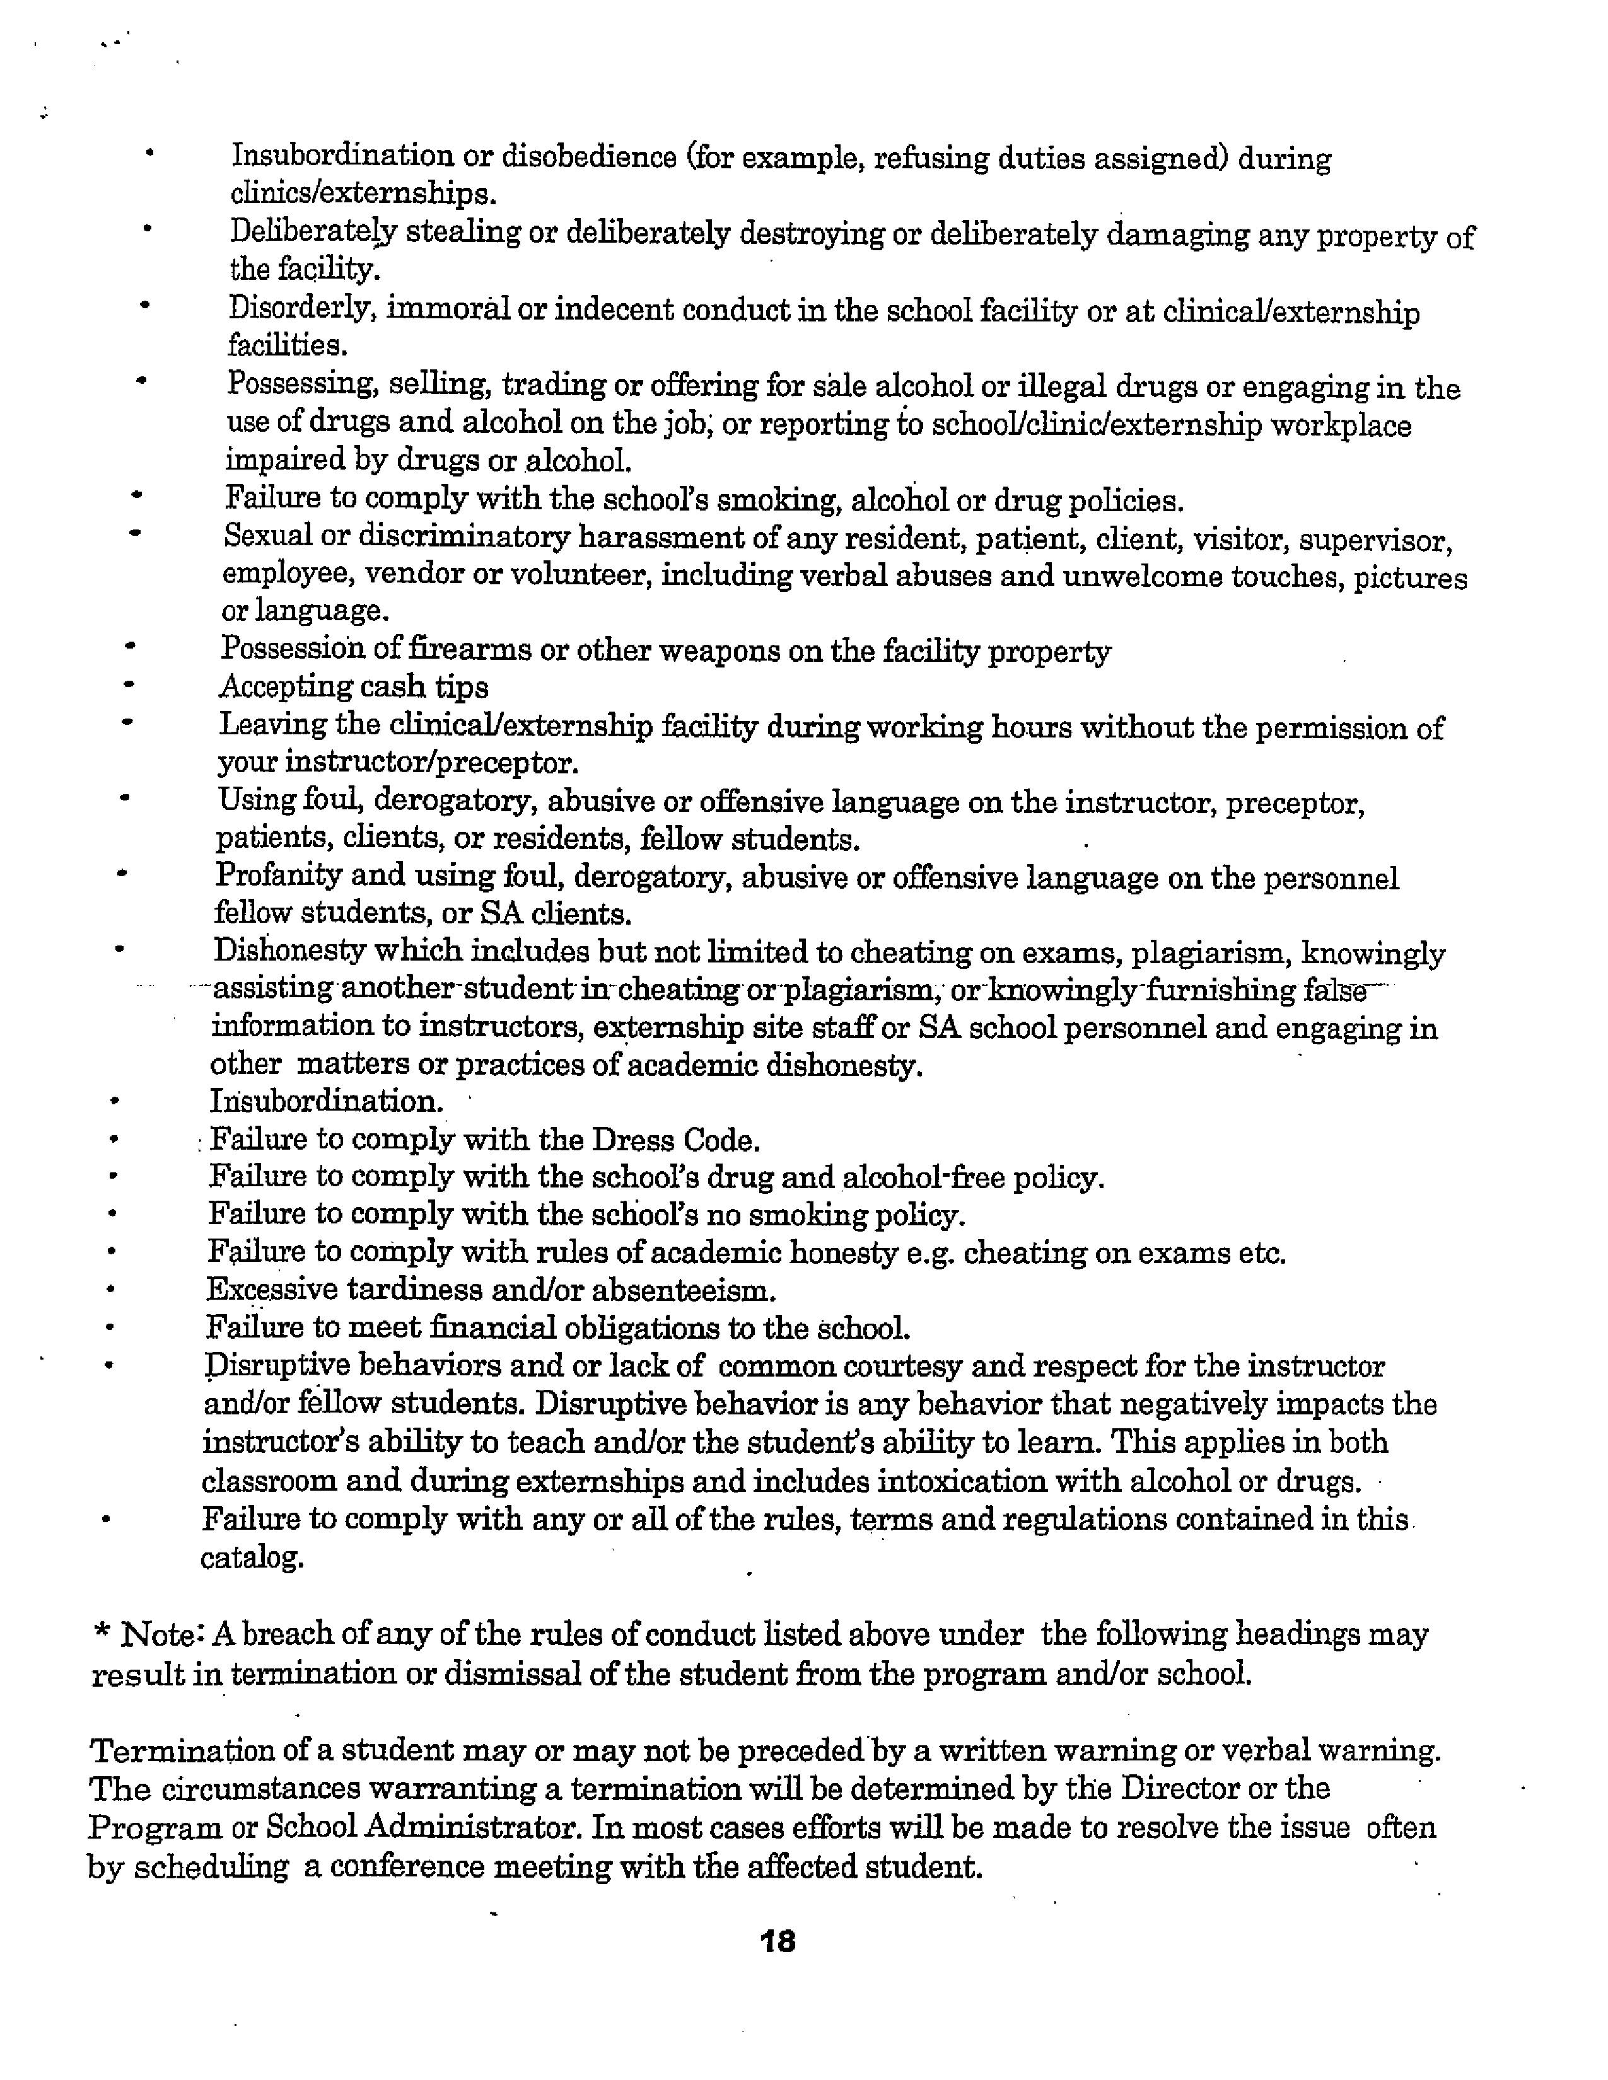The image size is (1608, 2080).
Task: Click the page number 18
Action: tap(778, 1941)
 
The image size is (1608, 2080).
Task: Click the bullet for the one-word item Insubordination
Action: tap(114, 1102)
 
